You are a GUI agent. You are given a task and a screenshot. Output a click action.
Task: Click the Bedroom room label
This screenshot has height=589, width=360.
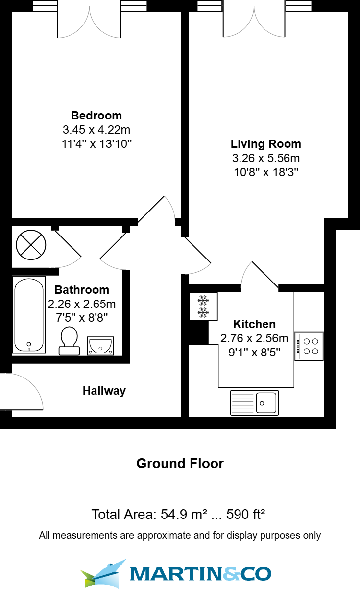(x=96, y=116)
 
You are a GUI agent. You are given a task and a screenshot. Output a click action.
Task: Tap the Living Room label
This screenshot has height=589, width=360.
(x=265, y=144)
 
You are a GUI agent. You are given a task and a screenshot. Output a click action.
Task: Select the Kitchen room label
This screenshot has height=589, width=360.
(x=254, y=324)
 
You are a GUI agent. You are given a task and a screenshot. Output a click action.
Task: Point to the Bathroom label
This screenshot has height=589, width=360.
(x=82, y=289)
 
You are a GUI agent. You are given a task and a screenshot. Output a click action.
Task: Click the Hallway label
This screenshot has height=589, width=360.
(x=104, y=391)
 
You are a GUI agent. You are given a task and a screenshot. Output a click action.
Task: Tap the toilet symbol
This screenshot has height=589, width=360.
(x=69, y=340)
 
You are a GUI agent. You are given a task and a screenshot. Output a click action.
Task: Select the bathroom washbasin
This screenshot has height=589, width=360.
(x=100, y=346)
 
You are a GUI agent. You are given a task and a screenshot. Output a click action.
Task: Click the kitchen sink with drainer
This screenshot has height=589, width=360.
(x=254, y=402)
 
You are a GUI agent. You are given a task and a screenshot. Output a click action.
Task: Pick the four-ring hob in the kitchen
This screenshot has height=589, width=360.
(x=309, y=346)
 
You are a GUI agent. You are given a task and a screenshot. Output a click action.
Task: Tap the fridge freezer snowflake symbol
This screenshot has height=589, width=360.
(x=203, y=306)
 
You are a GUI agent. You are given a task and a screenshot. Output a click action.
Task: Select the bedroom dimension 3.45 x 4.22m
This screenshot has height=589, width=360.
(x=96, y=130)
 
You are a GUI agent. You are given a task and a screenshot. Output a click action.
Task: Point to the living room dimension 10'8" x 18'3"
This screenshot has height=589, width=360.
(x=265, y=172)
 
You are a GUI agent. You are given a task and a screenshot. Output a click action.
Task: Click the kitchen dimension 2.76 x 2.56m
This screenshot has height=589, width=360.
(x=254, y=338)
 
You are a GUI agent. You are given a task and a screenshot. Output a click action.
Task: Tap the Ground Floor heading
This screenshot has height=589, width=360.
(x=180, y=464)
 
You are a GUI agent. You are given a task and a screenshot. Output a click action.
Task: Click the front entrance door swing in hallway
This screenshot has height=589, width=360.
(x=22, y=392)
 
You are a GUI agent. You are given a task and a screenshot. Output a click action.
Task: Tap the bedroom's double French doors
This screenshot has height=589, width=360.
(x=89, y=22)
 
